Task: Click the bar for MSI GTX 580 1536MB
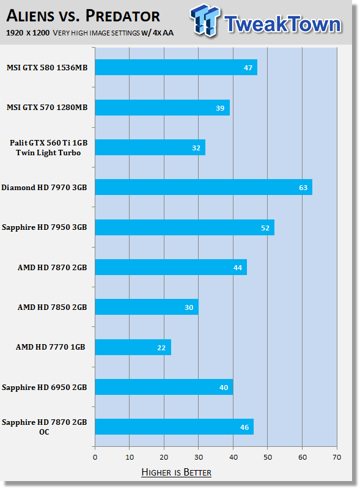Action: tap(176, 67)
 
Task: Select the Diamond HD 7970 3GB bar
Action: tap(204, 187)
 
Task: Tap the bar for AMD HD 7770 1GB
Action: tap(133, 347)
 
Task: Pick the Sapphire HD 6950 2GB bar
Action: tap(164, 387)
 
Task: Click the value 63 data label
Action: tap(303, 188)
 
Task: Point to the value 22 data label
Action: tap(161, 348)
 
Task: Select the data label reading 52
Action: tap(265, 228)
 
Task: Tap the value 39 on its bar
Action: tap(220, 108)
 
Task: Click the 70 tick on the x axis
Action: tap(337, 457)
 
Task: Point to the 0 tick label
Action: tap(95, 457)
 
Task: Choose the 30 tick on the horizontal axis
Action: tap(199, 457)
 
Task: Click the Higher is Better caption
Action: tap(176, 472)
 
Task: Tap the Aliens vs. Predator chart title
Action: tap(83, 16)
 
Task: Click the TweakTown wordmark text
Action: tap(282, 24)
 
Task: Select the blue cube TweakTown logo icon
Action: tap(205, 20)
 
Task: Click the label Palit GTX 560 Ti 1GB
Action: tap(48, 143)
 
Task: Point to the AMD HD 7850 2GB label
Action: tap(52, 307)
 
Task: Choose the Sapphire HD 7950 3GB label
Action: tap(44, 227)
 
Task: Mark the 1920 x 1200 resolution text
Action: tap(28, 33)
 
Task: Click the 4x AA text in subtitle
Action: tap(163, 33)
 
